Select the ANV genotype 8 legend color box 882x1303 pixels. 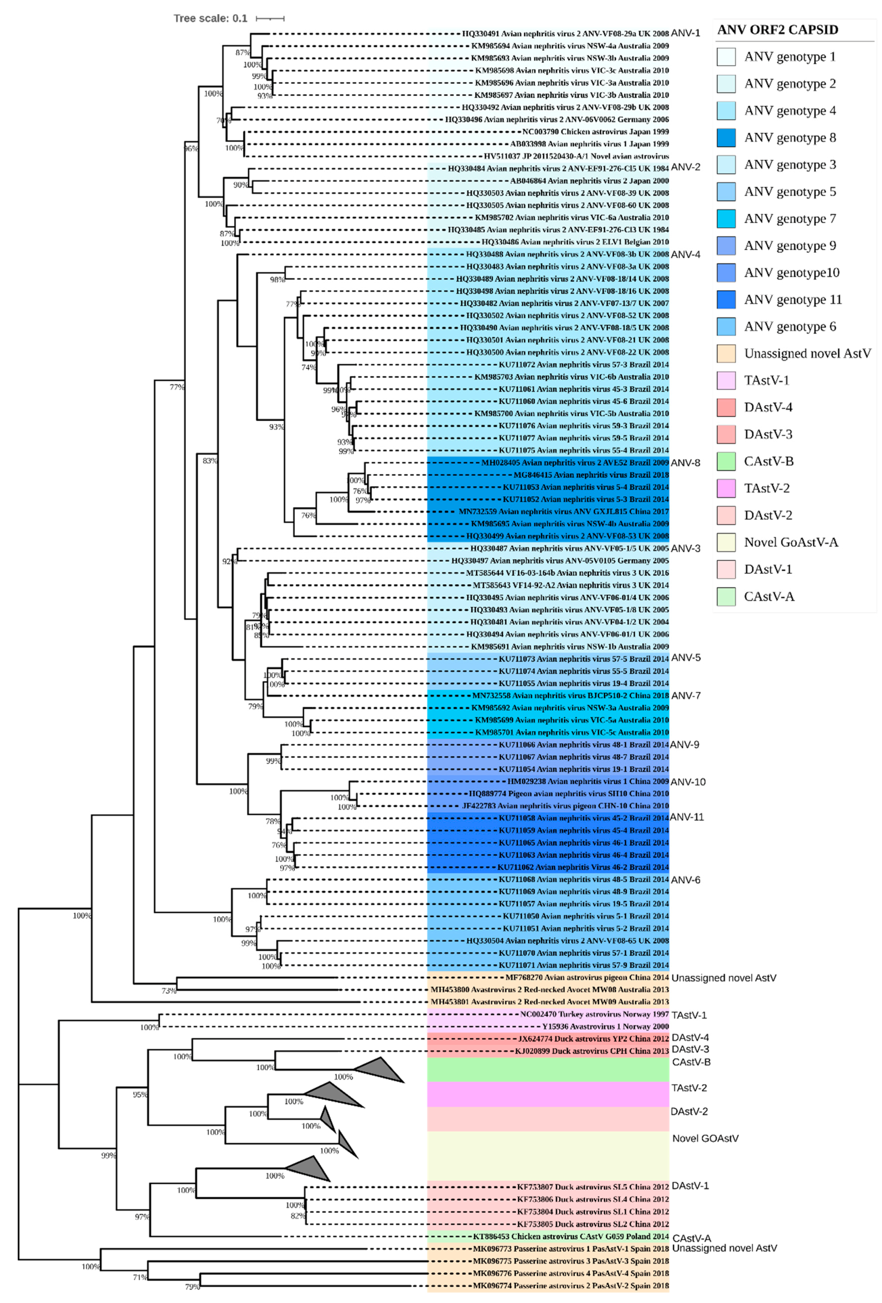(726, 138)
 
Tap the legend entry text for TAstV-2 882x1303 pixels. (767, 488)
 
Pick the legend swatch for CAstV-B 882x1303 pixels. (726, 462)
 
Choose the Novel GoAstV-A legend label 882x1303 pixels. (791, 542)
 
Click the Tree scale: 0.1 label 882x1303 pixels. (210, 18)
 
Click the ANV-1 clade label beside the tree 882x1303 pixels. (685, 33)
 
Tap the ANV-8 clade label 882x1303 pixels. (685, 463)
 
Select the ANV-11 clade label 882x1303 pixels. (686, 817)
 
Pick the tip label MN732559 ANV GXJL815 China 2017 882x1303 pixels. (563, 511)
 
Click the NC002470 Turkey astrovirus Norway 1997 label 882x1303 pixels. (594, 1014)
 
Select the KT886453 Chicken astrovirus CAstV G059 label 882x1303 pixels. (570, 1236)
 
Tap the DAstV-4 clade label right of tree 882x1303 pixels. (690, 1038)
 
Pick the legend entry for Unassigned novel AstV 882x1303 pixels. (807, 353)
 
